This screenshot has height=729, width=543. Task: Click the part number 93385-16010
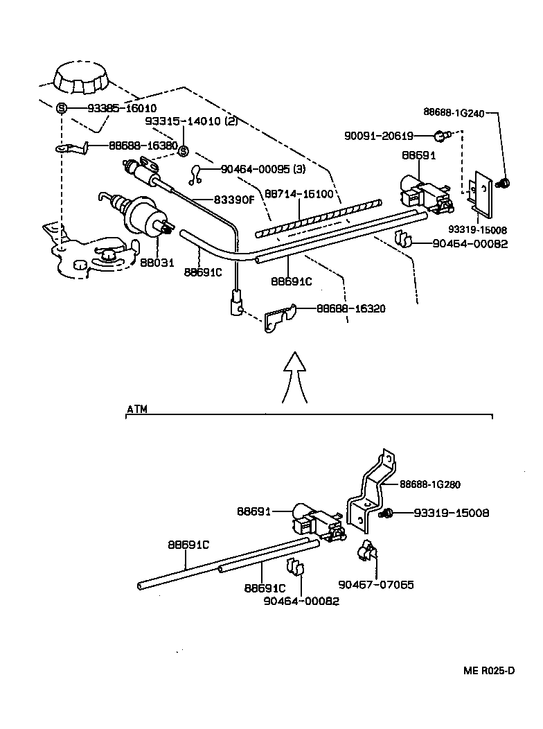click(x=122, y=108)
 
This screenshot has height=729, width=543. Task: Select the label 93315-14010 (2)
click(x=191, y=121)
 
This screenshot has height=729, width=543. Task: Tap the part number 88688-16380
click(x=143, y=146)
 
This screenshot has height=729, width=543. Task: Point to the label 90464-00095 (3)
click(x=263, y=169)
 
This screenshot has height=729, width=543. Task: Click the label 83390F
click(x=235, y=200)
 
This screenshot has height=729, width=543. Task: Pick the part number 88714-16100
click(x=299, y=193)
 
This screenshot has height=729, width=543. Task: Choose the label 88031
click(x=157, y=263)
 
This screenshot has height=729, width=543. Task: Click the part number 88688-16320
click(x=351, y=308)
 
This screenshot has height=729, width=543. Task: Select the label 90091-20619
click(x=379, y=136)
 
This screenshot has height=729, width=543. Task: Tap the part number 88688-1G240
click(x=454, y=112)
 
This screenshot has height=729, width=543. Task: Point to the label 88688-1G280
click(x=430, y=484)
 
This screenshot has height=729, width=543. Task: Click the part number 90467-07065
click(x=376, y=584)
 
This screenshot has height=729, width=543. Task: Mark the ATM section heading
click(x=137, y=409)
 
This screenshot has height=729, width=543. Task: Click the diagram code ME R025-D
click(x=489, y=670)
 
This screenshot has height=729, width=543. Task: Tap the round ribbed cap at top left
click(x=82, y=78)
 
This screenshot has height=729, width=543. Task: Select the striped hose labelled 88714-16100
click(x=319, y=218)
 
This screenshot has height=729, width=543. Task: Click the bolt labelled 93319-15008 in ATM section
click(x=385, y=513)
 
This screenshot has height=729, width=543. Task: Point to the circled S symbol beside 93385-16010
click(x=62, y=108)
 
